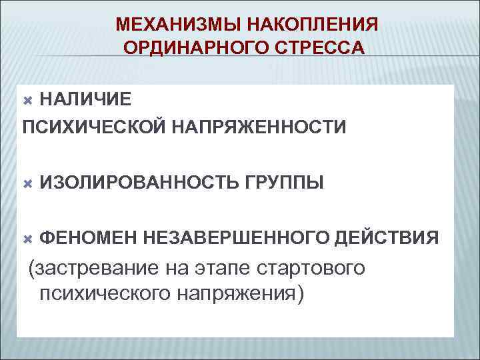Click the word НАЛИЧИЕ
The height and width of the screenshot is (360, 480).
point(85,100)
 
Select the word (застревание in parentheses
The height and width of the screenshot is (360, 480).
point(87,269)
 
